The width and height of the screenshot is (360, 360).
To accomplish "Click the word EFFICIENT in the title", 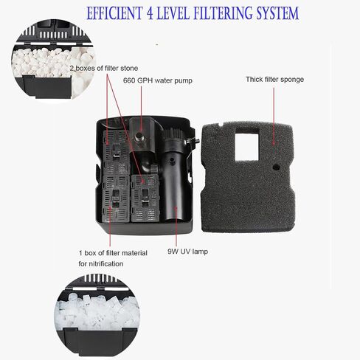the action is pos(114,13).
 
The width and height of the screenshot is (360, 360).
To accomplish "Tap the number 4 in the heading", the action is pos(150,13).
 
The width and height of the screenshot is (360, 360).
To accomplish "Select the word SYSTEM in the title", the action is pos(277,13).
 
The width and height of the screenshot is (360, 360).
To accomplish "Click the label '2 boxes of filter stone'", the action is pos(103,68).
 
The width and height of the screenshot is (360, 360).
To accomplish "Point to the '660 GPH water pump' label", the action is pos(158,80).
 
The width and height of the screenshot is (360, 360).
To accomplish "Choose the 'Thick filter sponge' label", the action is pos(274,80).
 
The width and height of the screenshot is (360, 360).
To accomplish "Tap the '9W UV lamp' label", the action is pos(188,252).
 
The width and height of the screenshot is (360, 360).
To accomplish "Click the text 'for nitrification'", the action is pos(101,264).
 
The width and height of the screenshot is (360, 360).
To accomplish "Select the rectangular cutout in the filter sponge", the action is pos(246,144).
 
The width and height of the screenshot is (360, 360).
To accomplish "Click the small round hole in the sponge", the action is pos(277,167).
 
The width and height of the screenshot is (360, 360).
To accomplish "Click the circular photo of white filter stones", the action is pos(53,60).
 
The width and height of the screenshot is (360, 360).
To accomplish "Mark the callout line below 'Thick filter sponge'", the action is pos(274,116).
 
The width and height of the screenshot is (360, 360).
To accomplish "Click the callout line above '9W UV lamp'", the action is pos(176,226).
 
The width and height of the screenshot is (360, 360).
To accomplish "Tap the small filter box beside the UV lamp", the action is pos(145,198).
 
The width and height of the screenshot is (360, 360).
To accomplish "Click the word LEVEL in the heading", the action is pos(173,13).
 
